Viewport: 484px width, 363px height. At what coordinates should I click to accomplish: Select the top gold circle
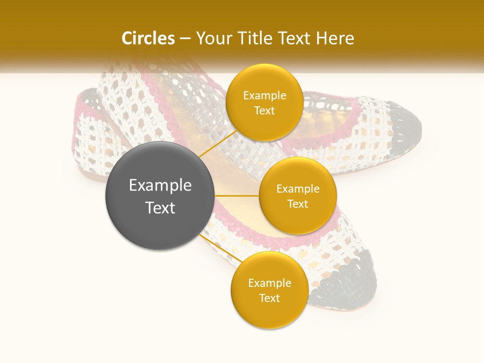pos(264,102)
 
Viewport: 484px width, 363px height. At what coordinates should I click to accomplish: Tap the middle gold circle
pos(297,196)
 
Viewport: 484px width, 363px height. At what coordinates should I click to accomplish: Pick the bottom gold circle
pos(269,290)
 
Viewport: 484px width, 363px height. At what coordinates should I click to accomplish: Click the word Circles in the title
pos(148,38)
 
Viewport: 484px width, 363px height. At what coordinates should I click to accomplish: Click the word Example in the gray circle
pos(160,186)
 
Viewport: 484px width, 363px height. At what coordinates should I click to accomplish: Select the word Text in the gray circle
pos(160,208)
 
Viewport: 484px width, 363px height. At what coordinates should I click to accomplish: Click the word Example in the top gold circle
pos(265,95)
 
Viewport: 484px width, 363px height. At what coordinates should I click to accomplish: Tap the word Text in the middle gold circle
pos(297,204)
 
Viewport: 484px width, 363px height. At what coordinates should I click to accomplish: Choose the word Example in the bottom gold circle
pos(270,283)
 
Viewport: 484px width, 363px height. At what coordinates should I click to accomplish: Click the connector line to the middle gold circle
pos(237,196)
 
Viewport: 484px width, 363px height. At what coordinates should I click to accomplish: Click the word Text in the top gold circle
pos(264,110)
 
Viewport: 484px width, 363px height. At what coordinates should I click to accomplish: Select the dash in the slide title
pos(185,39)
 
